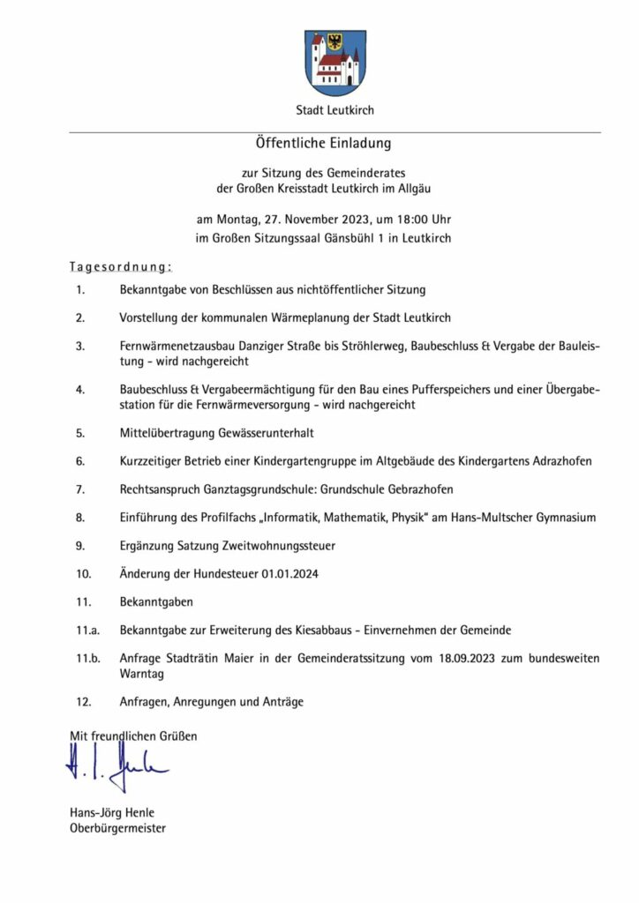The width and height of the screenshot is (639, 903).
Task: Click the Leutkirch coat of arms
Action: (x=335, y=63)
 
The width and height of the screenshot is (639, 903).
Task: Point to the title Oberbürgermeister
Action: (x=117, y=828)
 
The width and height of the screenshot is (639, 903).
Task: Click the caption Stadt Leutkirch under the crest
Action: (x=335, y=110)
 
